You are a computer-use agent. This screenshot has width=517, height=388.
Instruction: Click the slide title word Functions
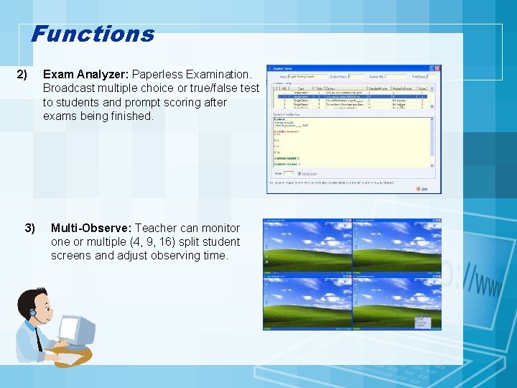93,34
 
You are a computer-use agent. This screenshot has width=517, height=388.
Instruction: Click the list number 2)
22,75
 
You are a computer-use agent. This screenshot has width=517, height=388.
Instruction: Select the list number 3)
29,228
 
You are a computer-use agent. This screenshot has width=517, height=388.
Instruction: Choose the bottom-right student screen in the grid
396,302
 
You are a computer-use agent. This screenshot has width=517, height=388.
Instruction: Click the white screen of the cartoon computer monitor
71,330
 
